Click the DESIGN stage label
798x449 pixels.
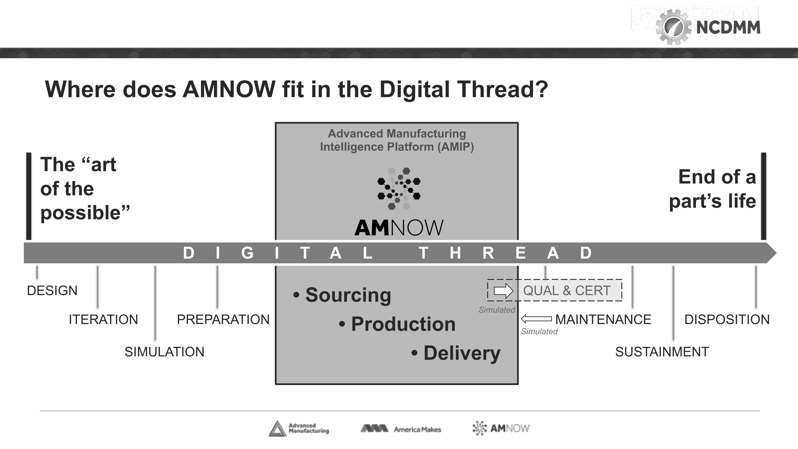[x=52, y=291]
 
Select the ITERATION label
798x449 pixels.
[x=103, y=320]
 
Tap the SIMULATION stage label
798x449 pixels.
[x=164, y=352]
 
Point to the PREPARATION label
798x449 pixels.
[x=223, y=320]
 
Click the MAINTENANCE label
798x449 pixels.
[x=603, y=320]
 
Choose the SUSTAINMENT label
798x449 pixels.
[x=662, y=352]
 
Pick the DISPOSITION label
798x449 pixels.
[x=727, y=320]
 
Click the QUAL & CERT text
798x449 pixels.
[x=567, y=291]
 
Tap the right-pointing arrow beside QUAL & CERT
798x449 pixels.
[x=503, y=291]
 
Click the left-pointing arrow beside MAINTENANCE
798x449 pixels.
[x=536, y=318]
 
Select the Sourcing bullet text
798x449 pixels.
[x=348, y=295]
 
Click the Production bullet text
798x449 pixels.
[x=403, y=324]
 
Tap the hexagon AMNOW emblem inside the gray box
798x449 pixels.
[x=399, y=188]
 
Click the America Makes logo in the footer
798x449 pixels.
[x=401, y=429]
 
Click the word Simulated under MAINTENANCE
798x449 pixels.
[x=539, y=331]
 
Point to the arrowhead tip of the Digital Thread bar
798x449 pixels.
[x=776, y=253]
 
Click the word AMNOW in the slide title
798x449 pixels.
[x=229, y=90]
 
